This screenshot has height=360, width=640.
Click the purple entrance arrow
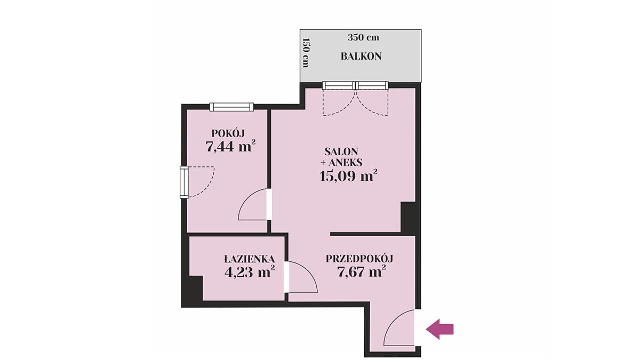pyautogui.click(x=439, y=329)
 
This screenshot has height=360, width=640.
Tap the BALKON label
pyautogui.click(x=361, y=57)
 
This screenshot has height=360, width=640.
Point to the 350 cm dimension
pyautogui.click(x=363, y=38)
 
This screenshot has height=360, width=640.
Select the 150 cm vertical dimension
pyautogui.click(x=306, y=53)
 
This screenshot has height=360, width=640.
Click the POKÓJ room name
pyautogui.click(x=228, y=133)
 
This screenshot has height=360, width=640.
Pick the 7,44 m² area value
pyautogui.click(x=230, y=146)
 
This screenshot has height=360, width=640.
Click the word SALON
pyautogui.click(x=341, y=151)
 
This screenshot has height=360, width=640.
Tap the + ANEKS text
pyautogui.click(x=341, y=163)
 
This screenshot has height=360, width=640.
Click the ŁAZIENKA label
pyautogui.click(x=250, y=259)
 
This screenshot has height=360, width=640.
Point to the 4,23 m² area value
pyautogui.click(x=250, y=271)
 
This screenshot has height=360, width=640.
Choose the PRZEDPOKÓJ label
pyautogui.click(x=359, y=259)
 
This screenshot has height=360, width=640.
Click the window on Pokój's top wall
pyautogui.click(x=231, y=107)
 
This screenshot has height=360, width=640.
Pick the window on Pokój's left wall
pyautogui.click(x=184, y=182)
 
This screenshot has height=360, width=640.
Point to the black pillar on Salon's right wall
pyautogui.click(x=408, y=217)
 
